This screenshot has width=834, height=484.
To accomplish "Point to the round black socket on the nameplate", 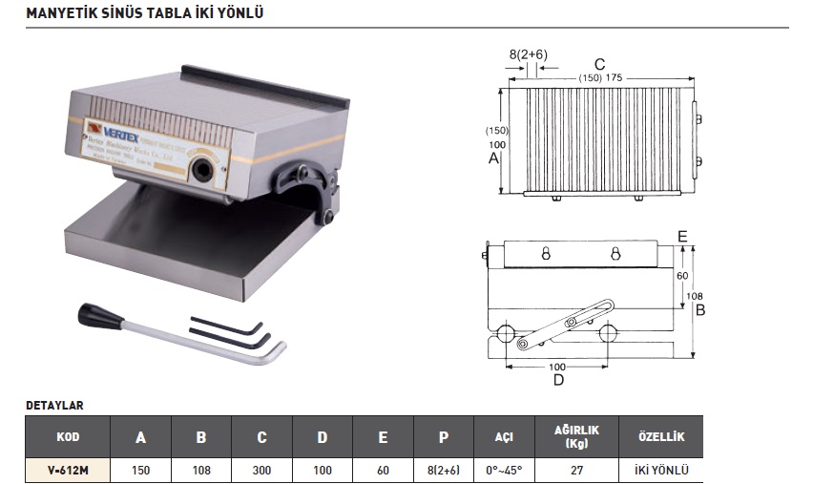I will pos(201,171).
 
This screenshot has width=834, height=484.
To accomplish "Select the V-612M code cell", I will pos(68,469).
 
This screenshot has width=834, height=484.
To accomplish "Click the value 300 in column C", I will pos(261,469).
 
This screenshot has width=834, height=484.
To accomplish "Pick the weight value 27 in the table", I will pos(575,469).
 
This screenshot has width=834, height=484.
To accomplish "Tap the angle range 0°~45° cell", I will pos(503,469).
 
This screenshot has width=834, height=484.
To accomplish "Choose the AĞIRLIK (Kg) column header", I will pos(575,436).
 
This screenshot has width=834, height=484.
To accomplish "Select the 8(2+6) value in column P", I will pos(443,469).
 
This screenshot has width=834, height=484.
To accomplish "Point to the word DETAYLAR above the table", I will pos(54,405).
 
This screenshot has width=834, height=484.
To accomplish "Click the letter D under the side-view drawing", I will pos(559,380).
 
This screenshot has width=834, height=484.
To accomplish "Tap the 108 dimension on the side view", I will pos(695,297).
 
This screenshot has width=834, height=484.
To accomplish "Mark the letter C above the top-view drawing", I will pos(599,65).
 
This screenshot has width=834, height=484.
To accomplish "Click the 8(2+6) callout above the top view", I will pos(528,54).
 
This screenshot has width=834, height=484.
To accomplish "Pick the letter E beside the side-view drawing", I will pos(681,235).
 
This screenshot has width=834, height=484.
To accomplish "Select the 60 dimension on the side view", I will pos(681,275).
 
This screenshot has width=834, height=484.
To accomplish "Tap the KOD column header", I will pos(68,436).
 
